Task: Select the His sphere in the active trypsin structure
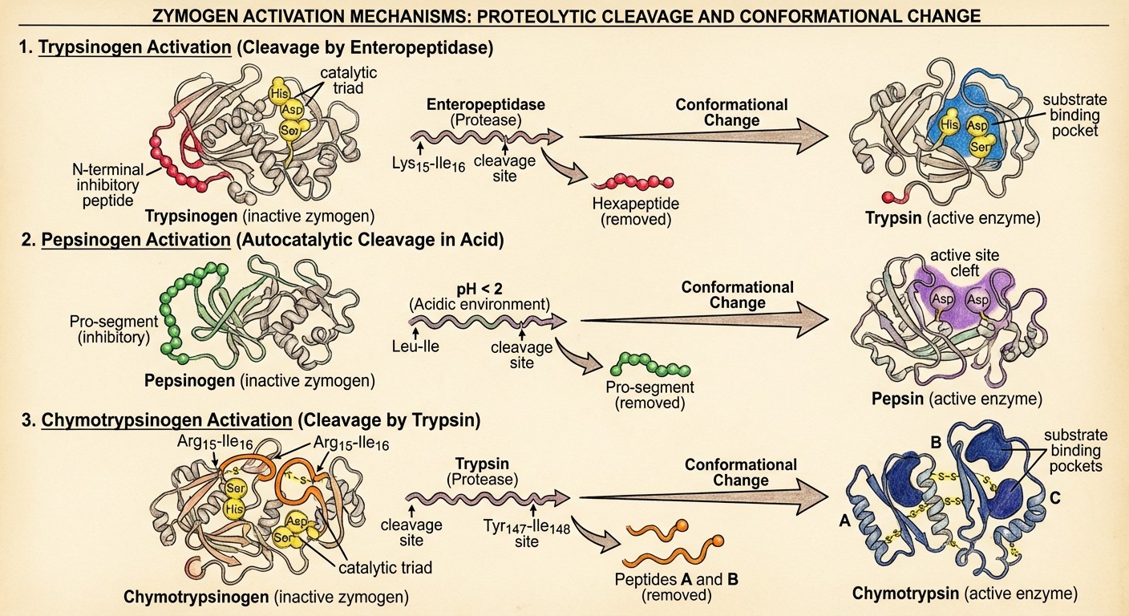[949, 125]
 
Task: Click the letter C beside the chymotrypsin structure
[1055, 497]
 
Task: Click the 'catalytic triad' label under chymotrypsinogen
[384, 568]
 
